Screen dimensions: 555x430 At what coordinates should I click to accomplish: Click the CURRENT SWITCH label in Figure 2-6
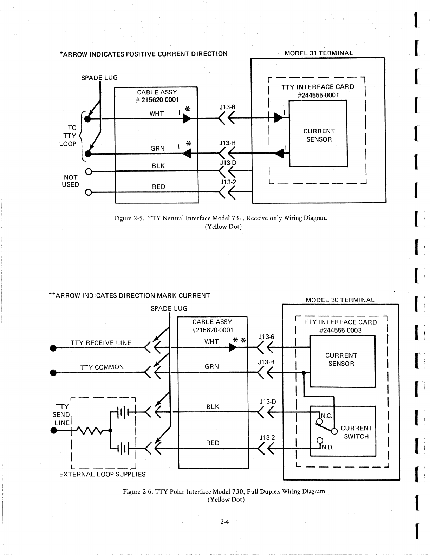click(356, 432)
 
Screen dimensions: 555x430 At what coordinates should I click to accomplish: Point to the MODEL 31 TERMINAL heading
click(319, 53)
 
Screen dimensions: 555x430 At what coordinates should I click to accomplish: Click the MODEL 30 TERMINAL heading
click(340, 300)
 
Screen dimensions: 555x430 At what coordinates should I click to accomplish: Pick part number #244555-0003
click(340, 330)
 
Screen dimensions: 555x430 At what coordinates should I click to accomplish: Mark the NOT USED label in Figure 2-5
click(70, 181)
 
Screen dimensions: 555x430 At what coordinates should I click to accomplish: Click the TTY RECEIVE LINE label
click(101, 343)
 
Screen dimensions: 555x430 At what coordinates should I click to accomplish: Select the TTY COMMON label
click(102, 367)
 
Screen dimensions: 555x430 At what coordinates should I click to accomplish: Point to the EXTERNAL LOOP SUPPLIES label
click(102, 474)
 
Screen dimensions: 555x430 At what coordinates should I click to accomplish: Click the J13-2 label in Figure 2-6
click(267, 438)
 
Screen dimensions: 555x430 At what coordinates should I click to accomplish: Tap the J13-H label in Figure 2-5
click(227, 143)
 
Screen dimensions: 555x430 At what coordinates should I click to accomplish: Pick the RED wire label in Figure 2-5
click(158, 187)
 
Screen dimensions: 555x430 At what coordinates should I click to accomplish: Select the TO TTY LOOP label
click(70, 136)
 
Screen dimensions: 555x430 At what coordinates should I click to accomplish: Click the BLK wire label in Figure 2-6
click(213, 406)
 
